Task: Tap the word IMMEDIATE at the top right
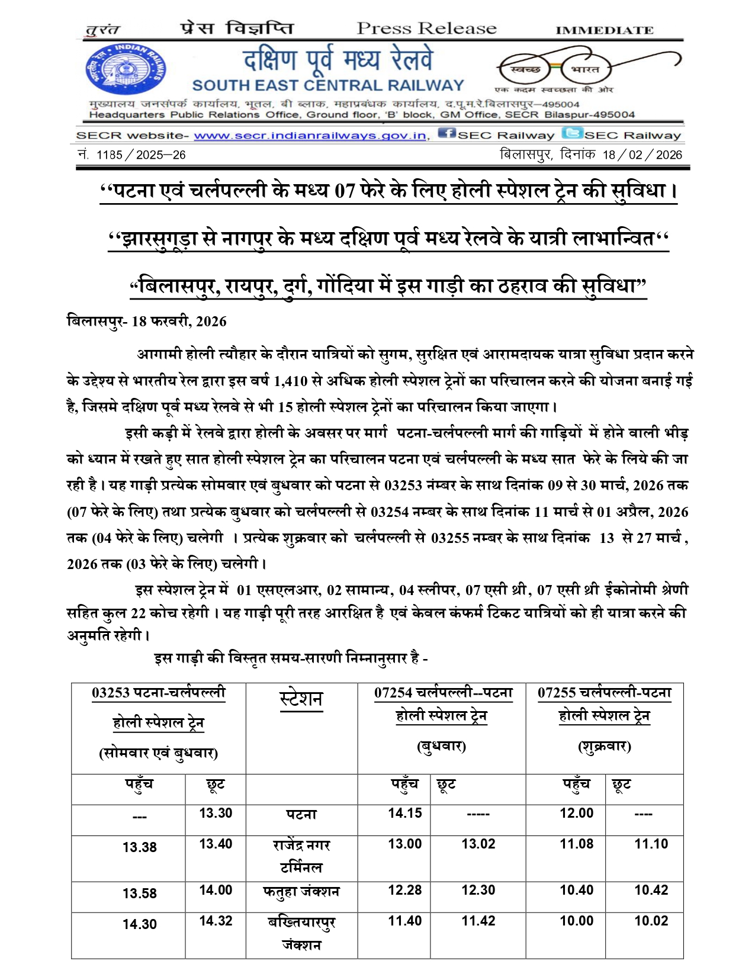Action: (604, 30)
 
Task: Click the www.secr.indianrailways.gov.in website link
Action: (310, 136)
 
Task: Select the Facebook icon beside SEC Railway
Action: (446, 134)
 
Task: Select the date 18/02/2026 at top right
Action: (642, 155)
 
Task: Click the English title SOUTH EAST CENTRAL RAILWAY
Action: (327, 86)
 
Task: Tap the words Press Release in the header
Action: (426, 28)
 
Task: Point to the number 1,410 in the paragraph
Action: (291, 381)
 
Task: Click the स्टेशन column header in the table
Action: (301, 699)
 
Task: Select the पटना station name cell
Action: (301, 815)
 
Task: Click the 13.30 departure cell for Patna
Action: (216, 813)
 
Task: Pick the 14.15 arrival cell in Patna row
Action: (405, 813)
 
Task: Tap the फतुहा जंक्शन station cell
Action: (301, 892)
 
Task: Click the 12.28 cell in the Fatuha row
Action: (405, 890)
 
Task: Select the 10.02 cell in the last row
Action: (651, 921)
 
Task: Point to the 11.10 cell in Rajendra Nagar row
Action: (651, 844)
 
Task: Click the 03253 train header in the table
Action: (159, 692)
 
